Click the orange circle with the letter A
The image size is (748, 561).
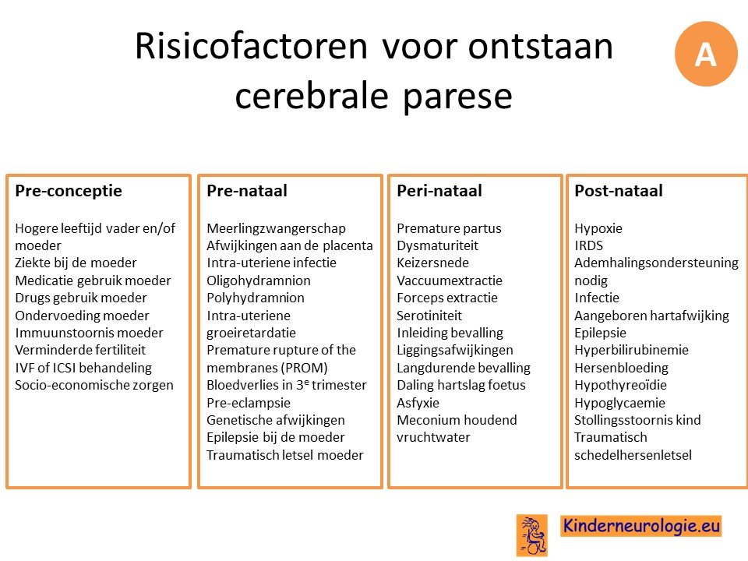tap(706, 54)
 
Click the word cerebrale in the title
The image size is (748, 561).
tap(312, 95)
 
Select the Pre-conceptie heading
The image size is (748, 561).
tap(69, 191)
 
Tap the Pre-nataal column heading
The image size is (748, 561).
tap(247, 191)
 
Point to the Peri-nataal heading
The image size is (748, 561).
tap(439, 191)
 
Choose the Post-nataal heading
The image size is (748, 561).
tap(619, 191)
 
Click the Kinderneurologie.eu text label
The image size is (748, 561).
tap(641, 526)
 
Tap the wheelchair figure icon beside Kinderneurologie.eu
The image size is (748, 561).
tap(532, 535)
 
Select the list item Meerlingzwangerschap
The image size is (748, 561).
tap(276, 228)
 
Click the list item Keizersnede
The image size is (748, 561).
tap(432, 263)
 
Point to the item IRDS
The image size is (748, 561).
tap(589, 245)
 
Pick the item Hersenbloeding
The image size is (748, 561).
tap(621, 368)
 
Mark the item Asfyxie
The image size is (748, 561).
tap(418, 403)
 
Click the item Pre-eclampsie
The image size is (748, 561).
tap(249, 403)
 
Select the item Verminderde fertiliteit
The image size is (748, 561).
tap(80, 350)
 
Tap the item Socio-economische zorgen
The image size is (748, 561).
tap(94, 385)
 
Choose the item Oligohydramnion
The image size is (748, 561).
tap(259, 280)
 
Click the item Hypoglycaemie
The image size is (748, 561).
tap(619, 403)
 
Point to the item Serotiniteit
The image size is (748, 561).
tap(429, 316)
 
